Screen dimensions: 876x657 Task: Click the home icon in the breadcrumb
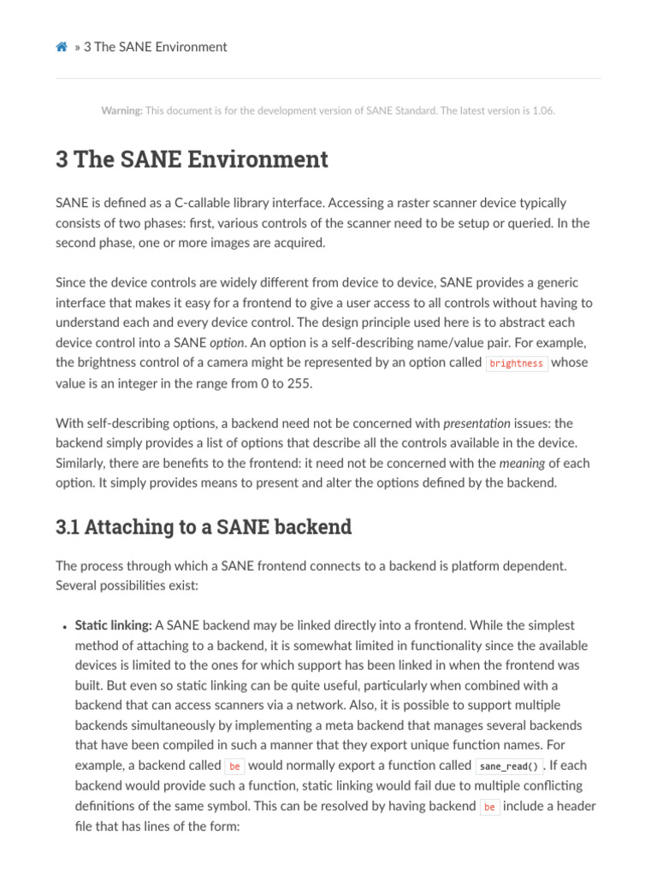click(62, 47)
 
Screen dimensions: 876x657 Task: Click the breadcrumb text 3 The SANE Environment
click(156, 47)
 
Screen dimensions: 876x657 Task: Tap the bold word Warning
click(121, 110)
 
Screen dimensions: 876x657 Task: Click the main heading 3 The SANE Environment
click(192, 159)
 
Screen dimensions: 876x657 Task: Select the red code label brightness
click(517, 364)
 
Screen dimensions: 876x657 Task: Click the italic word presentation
click(476, 423)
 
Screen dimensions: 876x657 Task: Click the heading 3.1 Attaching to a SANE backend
click(204, 527)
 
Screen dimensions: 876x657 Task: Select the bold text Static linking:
click(113, 625)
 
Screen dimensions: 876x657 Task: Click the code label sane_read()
click(508, 766)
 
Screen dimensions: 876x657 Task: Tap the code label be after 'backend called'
click(234, 766)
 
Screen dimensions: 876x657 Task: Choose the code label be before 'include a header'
click(489, 807)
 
